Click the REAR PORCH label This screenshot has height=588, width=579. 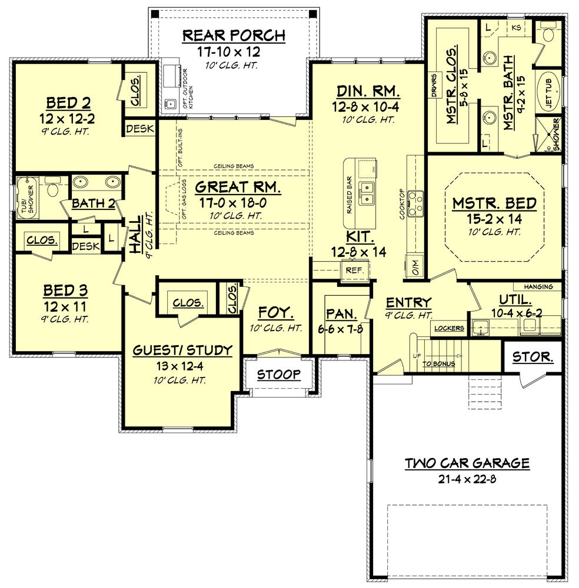tap(234, 35)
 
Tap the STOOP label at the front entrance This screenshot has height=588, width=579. tap(279, 374)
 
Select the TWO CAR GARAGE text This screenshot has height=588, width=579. tap(467, 463)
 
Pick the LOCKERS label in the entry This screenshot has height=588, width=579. tap(450, 328)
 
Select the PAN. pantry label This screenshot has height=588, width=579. tap(340, 313)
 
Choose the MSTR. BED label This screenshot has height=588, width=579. tap(494, 204)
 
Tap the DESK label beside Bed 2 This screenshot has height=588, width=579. tap(140, 128)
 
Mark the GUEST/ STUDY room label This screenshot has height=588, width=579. tap(182, 350)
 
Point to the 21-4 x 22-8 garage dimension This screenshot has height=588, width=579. tap(467, 477)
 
